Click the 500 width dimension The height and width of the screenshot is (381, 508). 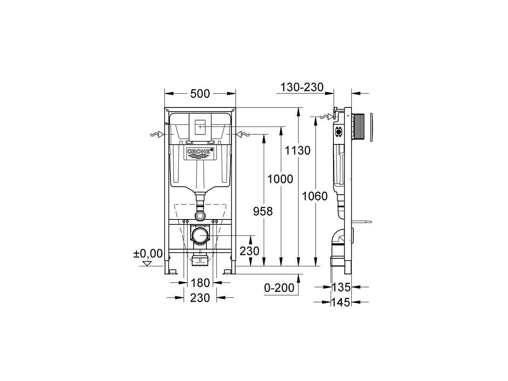[200, 94]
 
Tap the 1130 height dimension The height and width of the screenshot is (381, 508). [297, 150]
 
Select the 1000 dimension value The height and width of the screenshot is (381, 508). [280, 179]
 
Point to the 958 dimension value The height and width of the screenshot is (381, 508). [263, 211]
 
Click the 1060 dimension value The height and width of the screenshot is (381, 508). [315, 196]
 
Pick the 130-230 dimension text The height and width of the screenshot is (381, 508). [302, 87]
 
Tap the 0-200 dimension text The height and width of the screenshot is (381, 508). [279, 288]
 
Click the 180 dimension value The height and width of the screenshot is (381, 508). [200, 283]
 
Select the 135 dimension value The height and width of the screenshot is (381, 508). [341, 287]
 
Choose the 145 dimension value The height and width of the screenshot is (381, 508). [341, 302]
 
